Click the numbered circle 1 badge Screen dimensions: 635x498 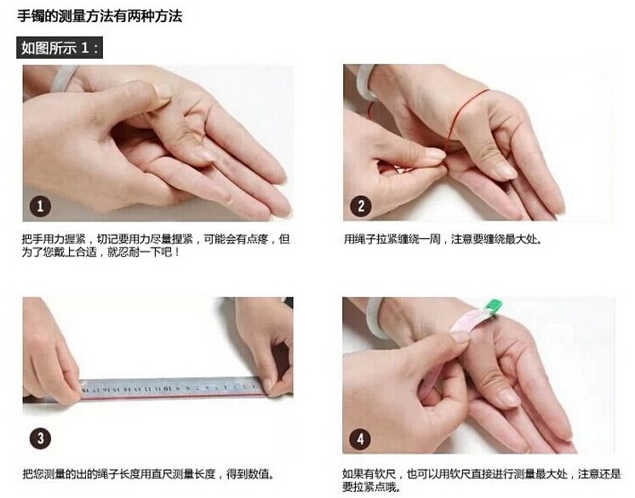click(x=40, y=206)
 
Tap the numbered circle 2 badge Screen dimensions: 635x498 click(x=360, y=206)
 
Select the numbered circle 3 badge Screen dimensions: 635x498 click(x=40, y=438)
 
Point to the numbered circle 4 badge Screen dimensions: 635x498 click(x=360, y=438)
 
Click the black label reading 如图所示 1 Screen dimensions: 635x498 click(x=60, y=48)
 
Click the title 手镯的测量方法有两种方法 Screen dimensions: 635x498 click(x=100, y=16)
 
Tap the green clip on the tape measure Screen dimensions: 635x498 click(x=493, y=306)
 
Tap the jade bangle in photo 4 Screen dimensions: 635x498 click(x=375, y=318)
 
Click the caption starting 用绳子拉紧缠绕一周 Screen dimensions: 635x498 click(x=443, y=239)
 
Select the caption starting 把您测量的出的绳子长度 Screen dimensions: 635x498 click(x=149, y=473)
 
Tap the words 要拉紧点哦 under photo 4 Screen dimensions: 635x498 click(x=369, y=487)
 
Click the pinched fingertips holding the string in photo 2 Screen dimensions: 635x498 click(x=439, y=160)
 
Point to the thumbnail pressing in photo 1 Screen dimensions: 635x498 click(x=162, y=92)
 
